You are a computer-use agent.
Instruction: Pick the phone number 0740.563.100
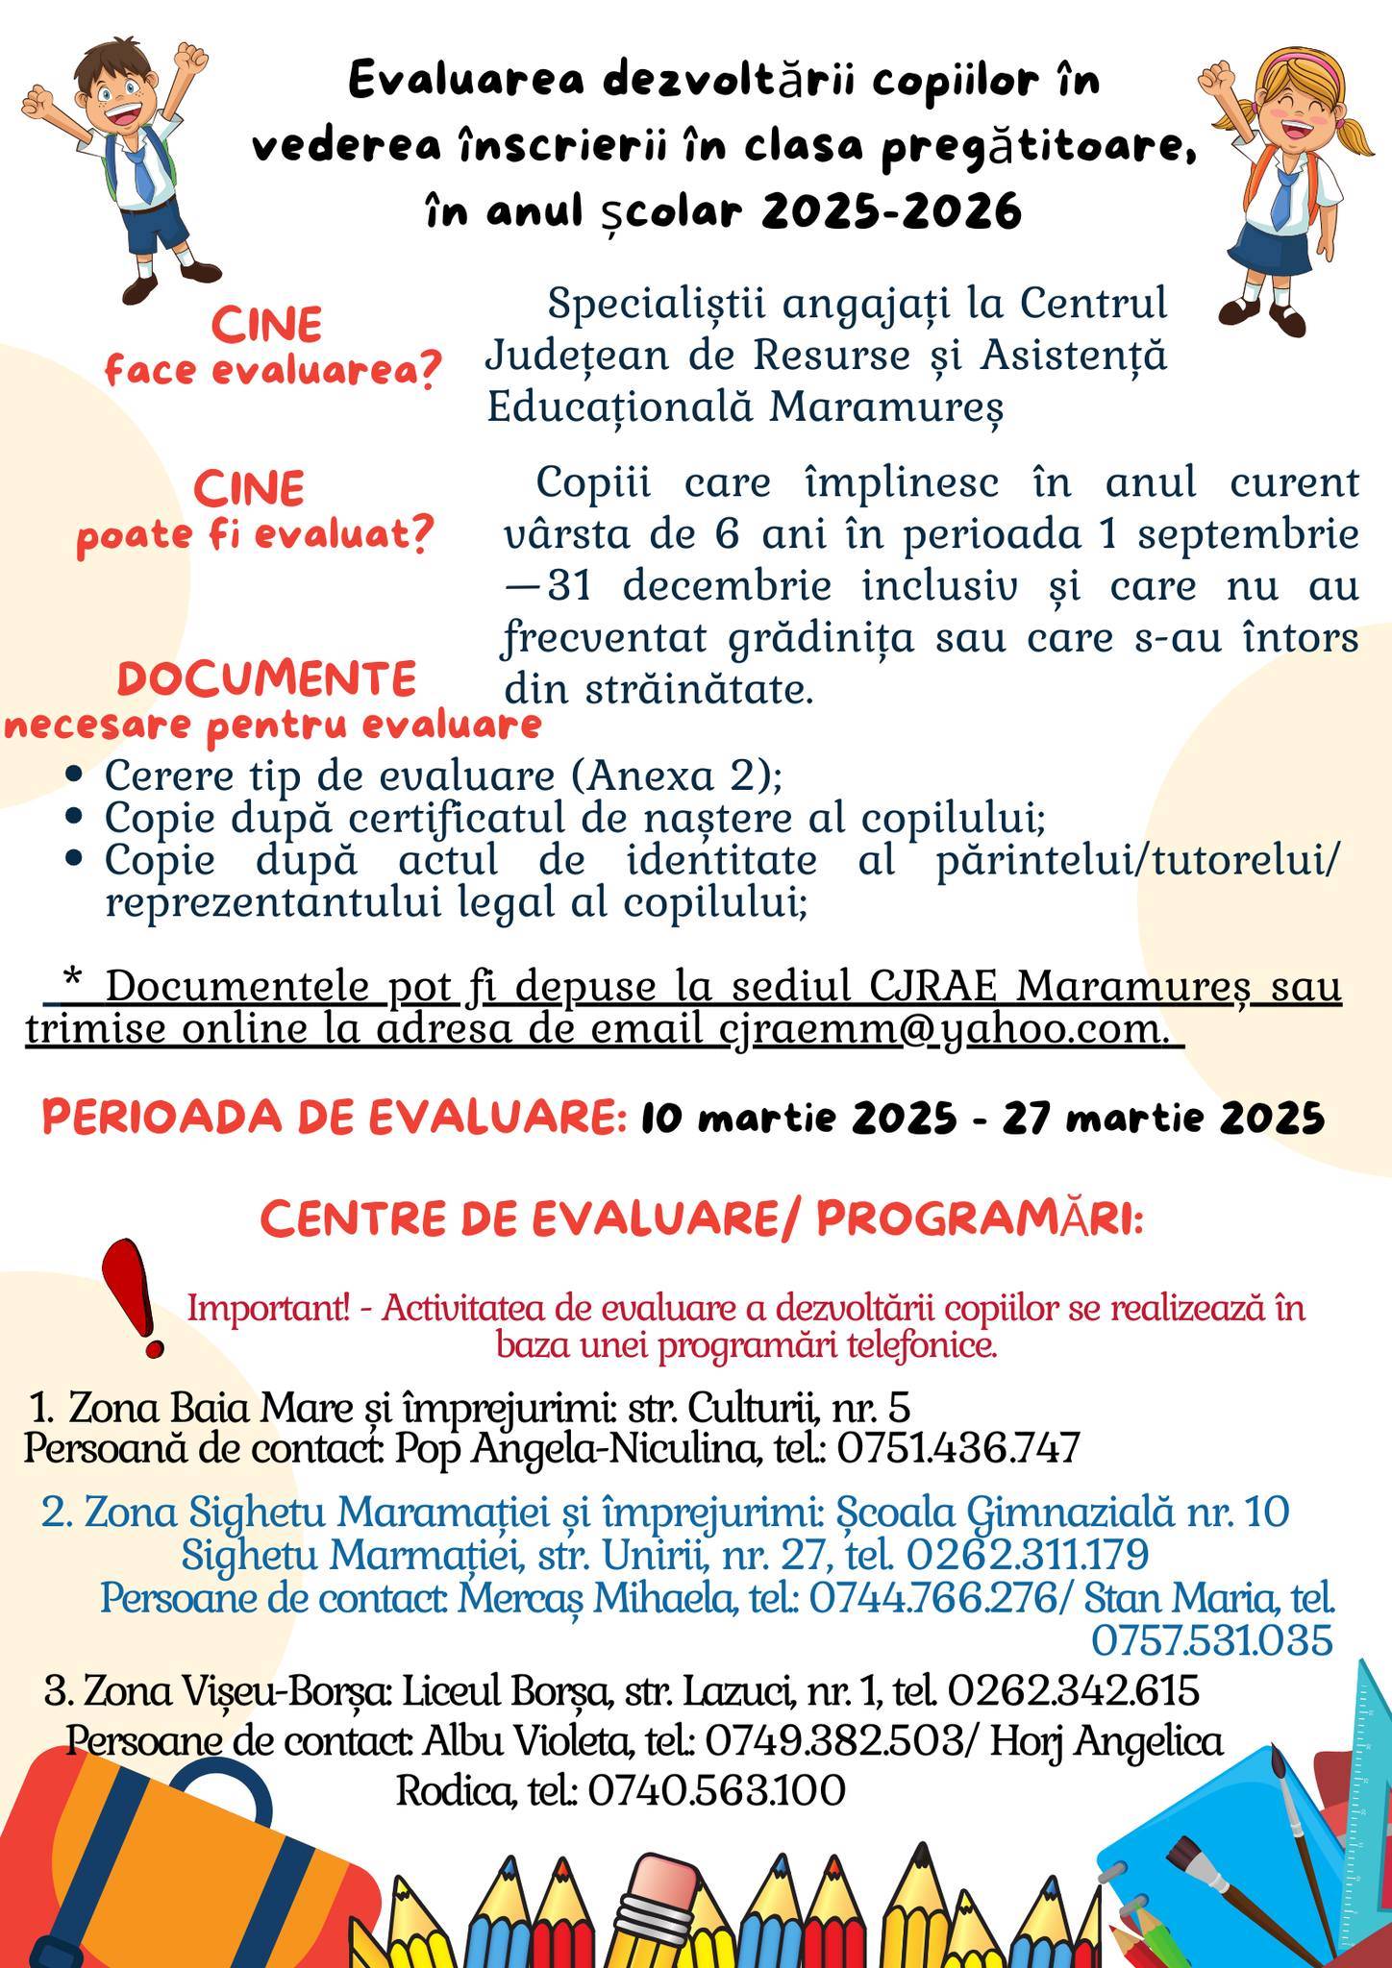[716, 1789]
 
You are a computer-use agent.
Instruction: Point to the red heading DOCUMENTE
[267, 678]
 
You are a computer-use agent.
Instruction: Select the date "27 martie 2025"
[1163, 1118]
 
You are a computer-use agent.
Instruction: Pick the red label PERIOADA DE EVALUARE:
[335, 1118]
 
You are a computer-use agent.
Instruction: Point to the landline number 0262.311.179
[1027, 1554]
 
